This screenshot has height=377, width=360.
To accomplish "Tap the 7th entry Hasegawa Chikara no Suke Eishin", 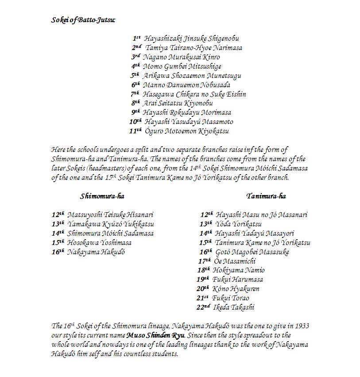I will tap(194, 94).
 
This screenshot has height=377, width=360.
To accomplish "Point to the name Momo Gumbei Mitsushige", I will tap(182, 66).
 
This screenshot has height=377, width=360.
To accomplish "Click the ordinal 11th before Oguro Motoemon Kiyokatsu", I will tap(135, 131).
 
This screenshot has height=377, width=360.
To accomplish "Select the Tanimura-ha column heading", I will tap(266, 196).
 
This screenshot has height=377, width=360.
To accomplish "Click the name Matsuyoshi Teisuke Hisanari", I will tap(110, 215).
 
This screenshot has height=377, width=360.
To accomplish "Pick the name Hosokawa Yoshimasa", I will tap(99, 242).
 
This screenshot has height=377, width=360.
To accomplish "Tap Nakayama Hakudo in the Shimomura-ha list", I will tap(96, 252).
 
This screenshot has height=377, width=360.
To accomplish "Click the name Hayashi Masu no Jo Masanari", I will tap(261, 215).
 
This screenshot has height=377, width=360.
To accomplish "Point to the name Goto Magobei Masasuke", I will tap(252, 252).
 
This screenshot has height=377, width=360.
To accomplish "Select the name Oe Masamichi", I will tap(234, 261).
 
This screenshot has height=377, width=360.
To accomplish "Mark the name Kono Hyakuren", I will tap(236, 288).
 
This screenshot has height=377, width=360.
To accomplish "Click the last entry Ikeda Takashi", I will tap(233, 307).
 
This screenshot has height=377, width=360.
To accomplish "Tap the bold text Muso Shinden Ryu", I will tap(155, 335).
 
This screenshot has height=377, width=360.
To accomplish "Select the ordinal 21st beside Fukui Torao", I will tap(203, 298).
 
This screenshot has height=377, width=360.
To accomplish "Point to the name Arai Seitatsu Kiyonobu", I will tap(178, 103).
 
